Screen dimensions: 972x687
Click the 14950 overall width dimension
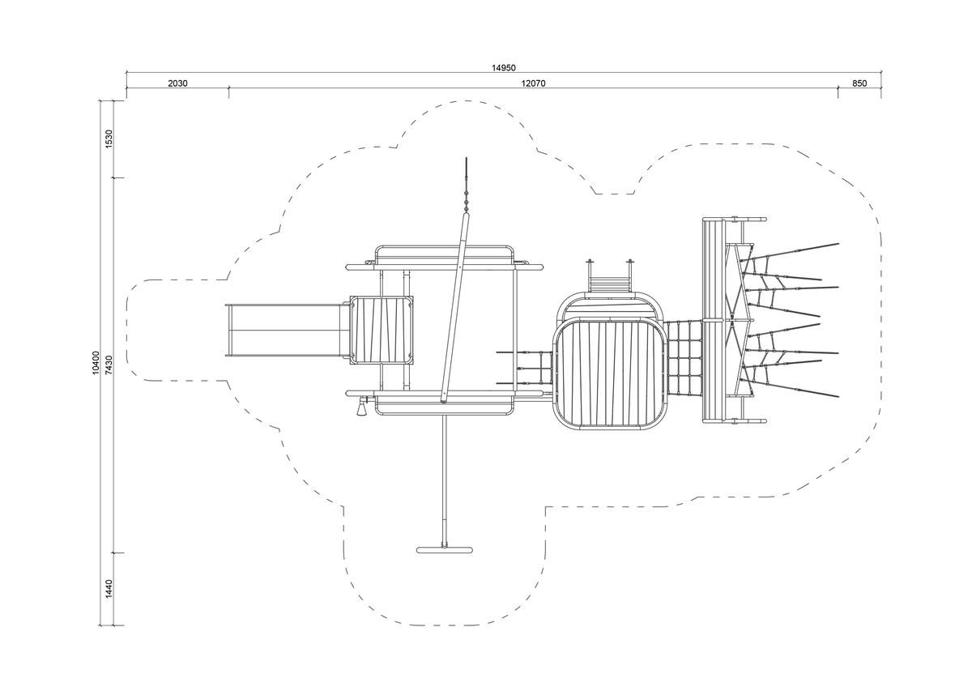pos(503,68)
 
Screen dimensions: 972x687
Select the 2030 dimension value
pos(177,83)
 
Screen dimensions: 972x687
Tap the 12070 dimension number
pos(533,83)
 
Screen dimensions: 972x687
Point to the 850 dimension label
pos(859,83)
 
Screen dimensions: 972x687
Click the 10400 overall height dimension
pos(96,363)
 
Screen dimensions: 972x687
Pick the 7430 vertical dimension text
pos(109,365)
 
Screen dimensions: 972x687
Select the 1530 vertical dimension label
pos(109,139)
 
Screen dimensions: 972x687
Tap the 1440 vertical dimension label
pos(109,589)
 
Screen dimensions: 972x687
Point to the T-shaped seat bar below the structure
pos(445,550)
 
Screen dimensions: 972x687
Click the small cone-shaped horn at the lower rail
pos(361,408)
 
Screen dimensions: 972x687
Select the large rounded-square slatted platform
pos(610,373)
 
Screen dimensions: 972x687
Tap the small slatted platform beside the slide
pos(382,331)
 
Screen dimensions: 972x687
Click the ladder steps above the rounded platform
pos(610,283)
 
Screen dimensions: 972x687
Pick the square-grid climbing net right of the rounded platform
pos(684,358)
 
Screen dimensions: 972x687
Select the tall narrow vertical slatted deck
pos(714,320)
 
